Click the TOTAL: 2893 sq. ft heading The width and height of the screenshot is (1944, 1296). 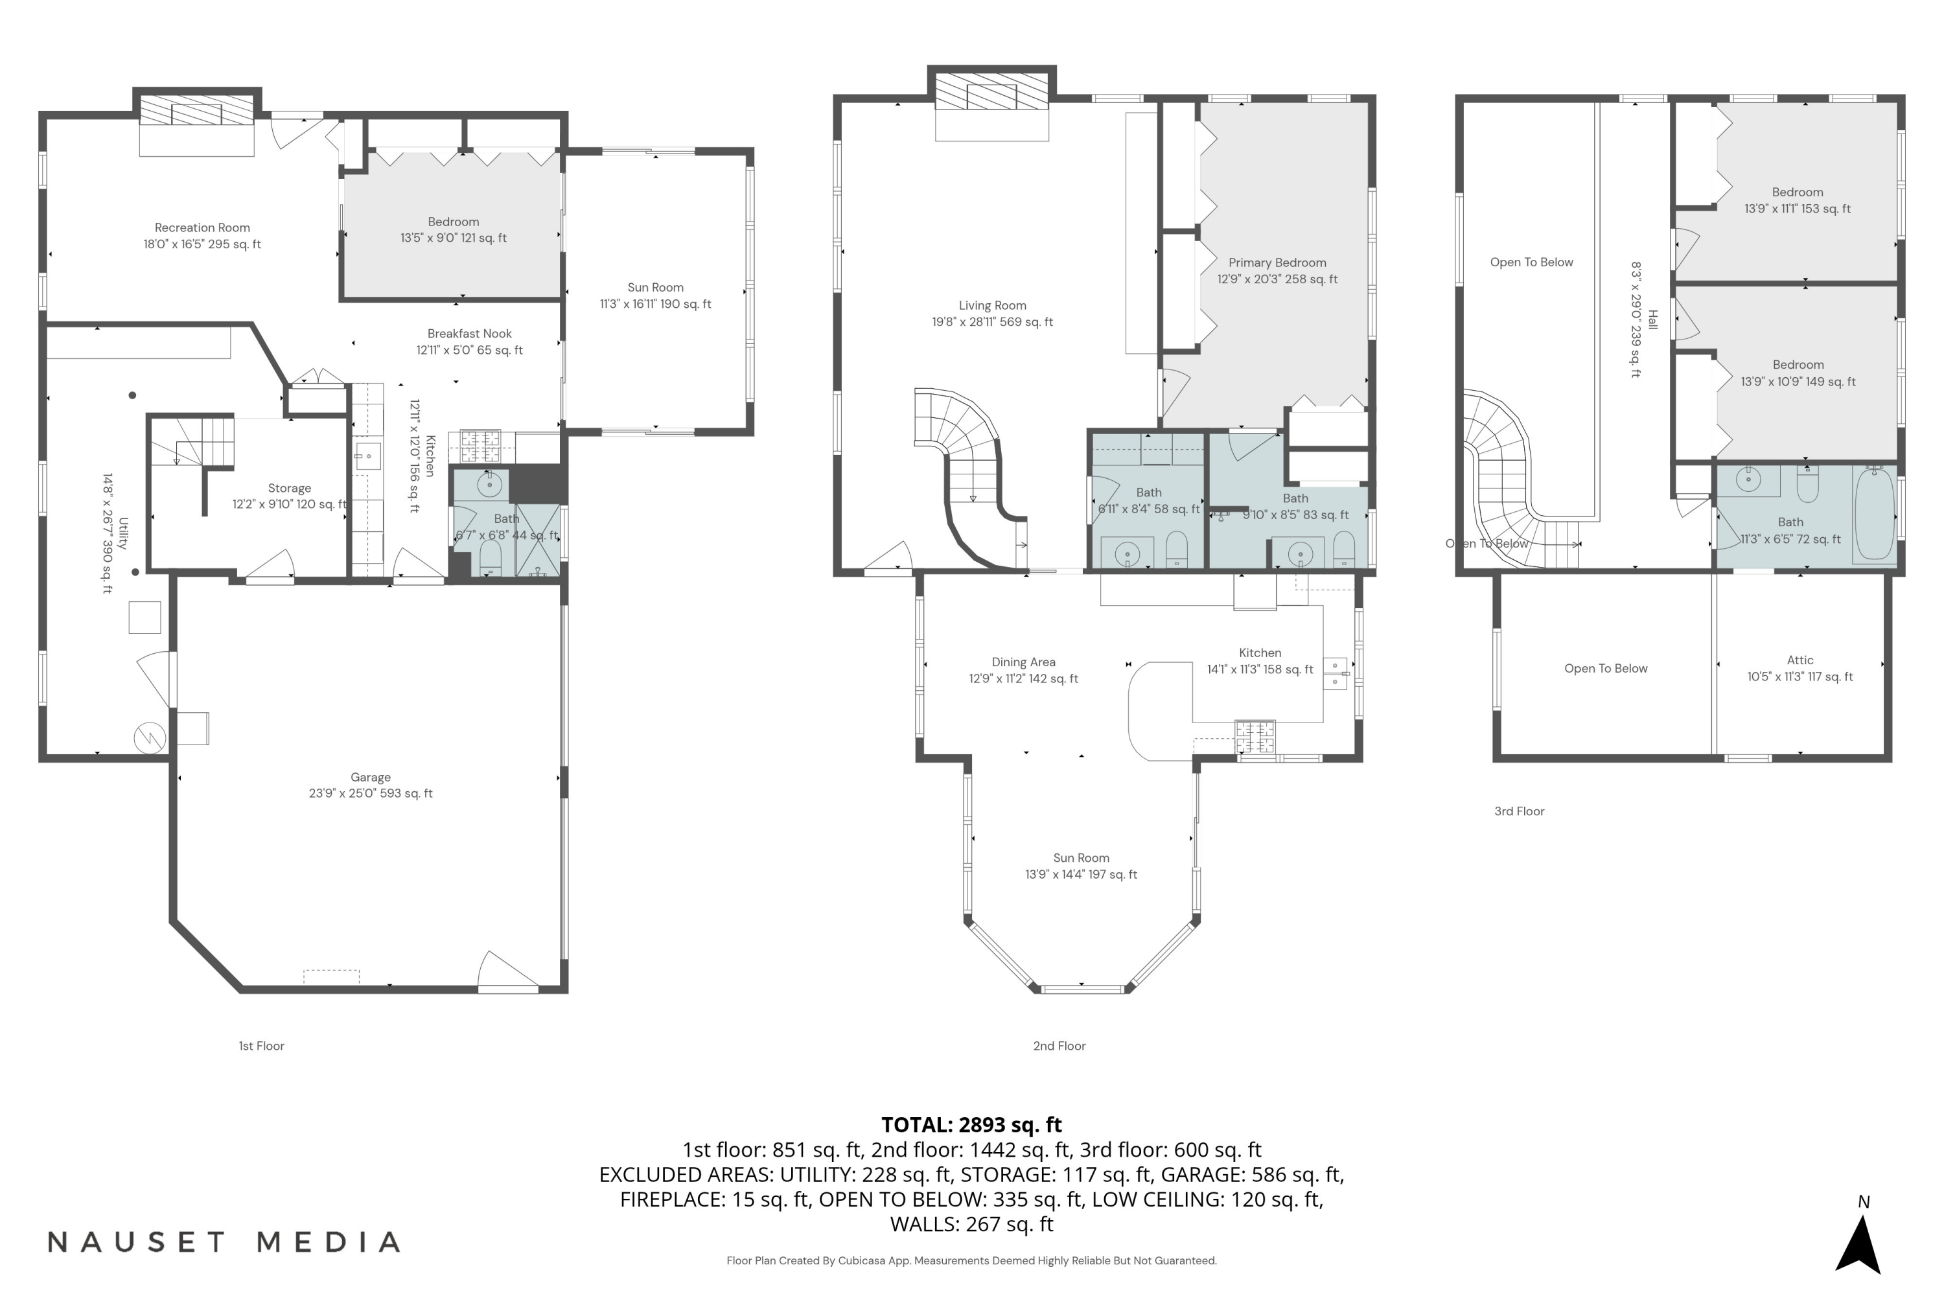[971, 1125]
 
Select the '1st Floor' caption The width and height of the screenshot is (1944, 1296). [261, 1047]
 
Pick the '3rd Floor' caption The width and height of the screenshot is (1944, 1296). [1518, 812]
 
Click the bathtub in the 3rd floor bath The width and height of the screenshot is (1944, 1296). [1874, 514]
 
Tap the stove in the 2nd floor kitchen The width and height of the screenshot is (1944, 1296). [1254, 737]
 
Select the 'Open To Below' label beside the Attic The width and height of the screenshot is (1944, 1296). [1605, 669]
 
